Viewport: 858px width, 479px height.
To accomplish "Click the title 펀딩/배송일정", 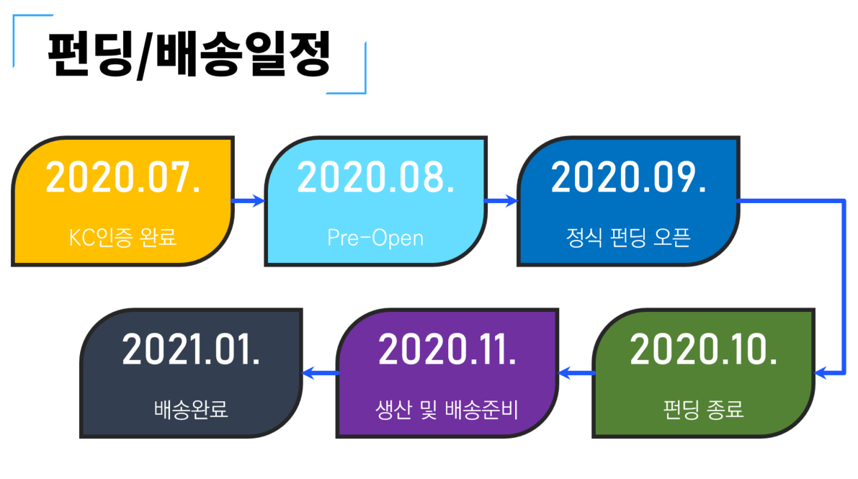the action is coord(189,54).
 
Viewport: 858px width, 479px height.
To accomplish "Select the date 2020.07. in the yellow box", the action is coord(123,177).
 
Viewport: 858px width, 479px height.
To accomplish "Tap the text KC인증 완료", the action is coord(122,238).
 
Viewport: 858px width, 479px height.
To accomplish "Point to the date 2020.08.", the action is coord(376,177).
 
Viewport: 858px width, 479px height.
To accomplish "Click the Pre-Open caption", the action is coord(375,238).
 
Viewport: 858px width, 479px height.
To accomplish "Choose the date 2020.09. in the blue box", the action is coord(628,177).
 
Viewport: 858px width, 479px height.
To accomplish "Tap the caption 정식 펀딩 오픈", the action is coord(628,238).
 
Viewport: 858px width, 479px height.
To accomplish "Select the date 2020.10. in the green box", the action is coord(704,349).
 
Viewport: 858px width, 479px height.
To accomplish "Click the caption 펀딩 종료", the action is coord(703,409).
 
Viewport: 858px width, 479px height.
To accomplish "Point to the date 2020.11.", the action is coord(447,349).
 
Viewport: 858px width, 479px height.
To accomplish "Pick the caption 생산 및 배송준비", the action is coord(447,410).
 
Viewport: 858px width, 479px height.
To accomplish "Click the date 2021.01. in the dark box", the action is coord(191,349).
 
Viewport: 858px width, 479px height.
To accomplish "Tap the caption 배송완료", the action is coord(190,409).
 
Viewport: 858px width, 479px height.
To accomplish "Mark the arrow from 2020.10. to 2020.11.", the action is coord(576,373).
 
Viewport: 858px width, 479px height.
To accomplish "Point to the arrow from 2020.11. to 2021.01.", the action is coord(320,373).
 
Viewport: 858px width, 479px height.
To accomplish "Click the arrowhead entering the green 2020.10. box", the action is coord(821,373).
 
